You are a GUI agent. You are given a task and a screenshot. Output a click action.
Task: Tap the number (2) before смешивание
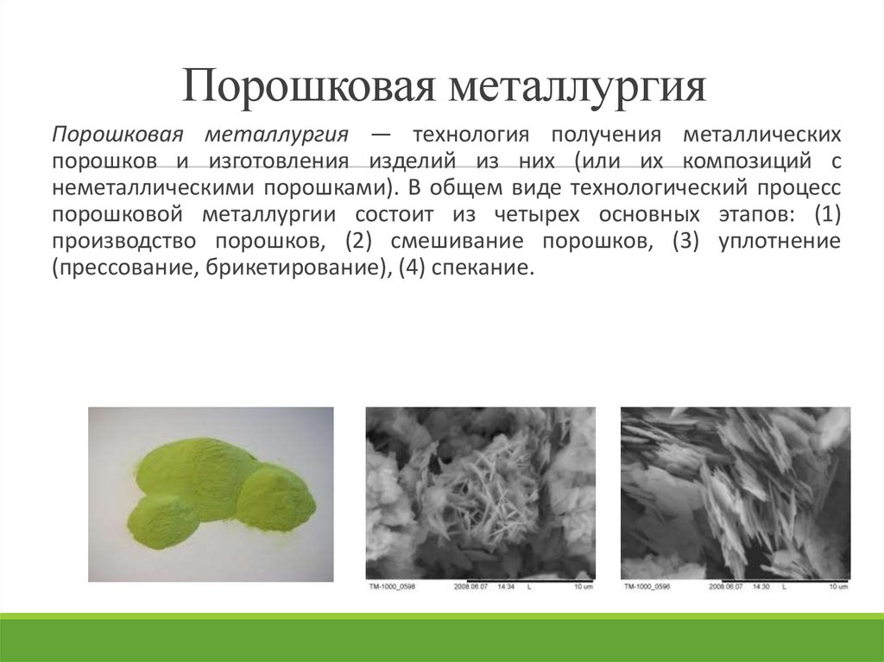(358, 242)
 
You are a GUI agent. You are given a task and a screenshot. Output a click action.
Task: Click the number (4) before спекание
(412, 268)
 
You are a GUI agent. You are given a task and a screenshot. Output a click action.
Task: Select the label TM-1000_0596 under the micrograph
(646, 588)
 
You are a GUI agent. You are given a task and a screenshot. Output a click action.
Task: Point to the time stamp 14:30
(761, 588)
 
